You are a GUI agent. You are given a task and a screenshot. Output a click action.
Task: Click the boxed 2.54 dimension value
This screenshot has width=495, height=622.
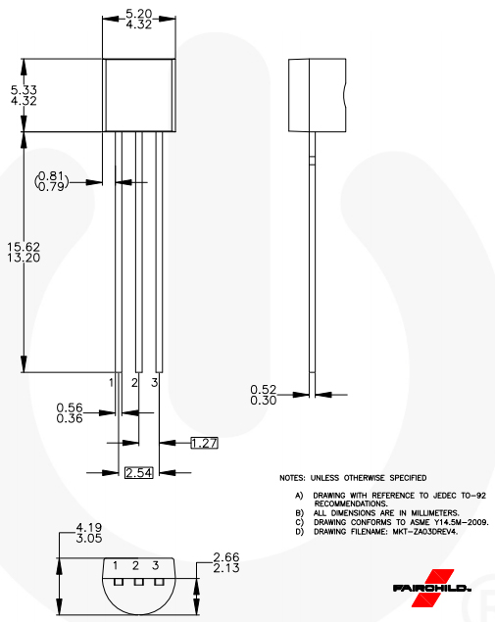click(138, 473)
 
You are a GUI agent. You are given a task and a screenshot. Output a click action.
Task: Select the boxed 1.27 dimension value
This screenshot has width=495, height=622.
click(203, 443)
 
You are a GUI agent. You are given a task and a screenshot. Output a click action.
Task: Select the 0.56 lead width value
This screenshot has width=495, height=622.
click(68, 407)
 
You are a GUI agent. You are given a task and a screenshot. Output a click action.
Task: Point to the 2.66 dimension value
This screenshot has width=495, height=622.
click(225, 559)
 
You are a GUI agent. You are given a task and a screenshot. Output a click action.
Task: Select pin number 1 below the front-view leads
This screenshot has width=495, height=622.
click(112, 381)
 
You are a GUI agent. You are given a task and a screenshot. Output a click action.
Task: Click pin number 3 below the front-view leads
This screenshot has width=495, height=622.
click(155, 381)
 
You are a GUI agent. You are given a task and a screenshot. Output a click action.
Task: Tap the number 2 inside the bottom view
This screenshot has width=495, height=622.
click(135, 566)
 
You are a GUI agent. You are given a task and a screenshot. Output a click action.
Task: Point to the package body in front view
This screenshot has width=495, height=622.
click(139, 94)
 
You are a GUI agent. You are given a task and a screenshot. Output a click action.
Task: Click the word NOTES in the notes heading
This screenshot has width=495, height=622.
click(292, 478)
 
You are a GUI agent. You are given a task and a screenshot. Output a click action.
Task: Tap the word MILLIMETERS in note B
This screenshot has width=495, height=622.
click(423, 512)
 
